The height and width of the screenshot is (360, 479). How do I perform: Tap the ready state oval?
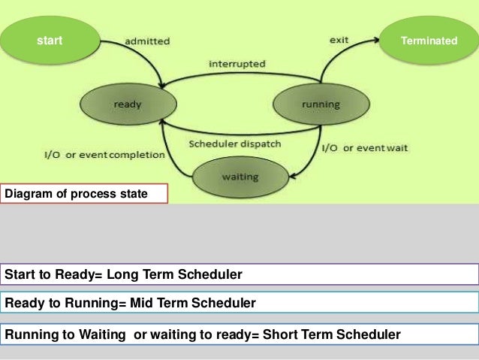point(128,104)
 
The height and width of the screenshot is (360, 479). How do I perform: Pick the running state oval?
point(320,104)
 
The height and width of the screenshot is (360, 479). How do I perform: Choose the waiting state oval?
point(239,177)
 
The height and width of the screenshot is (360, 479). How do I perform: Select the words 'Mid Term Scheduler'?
point(191,303)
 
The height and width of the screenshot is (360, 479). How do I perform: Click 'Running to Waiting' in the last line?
point(67,334)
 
